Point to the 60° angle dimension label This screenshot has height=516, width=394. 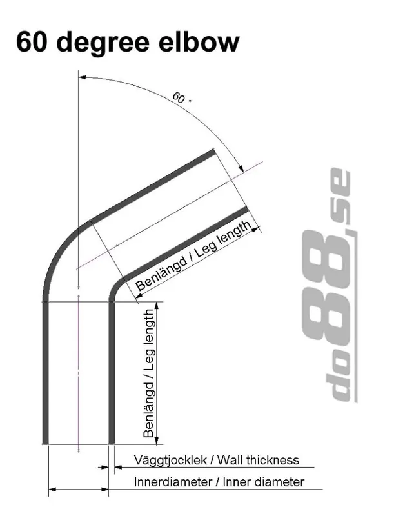[181, 98]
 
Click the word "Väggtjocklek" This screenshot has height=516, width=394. [173, 461]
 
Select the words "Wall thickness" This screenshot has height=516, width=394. [258, 461]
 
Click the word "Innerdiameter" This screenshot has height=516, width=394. [172, 482]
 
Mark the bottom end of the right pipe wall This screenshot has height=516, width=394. [112, 442]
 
